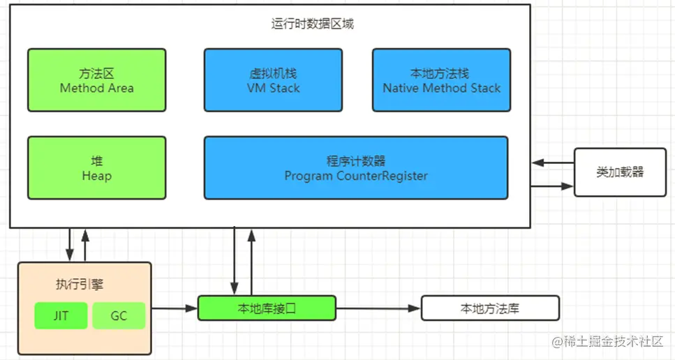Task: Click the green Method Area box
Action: [x=96, y=80]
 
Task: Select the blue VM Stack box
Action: [x=273, y=80]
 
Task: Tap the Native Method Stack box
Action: [x=441, y=80]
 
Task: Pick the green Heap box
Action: [x=96, y=168]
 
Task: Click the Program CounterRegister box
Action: [x=355, y=168]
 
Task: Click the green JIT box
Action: [x=61, y=316]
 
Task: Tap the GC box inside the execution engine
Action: [x=119, y=316]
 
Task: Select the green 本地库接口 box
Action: [x=267, y=308]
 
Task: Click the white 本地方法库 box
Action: [x=490, y=308]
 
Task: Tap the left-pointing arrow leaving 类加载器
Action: [x=552, y=163]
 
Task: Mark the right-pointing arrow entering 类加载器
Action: [x=552, y=186]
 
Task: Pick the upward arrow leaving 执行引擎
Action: [x=85, y=244]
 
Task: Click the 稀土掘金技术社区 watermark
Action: [x=607, y=342]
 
